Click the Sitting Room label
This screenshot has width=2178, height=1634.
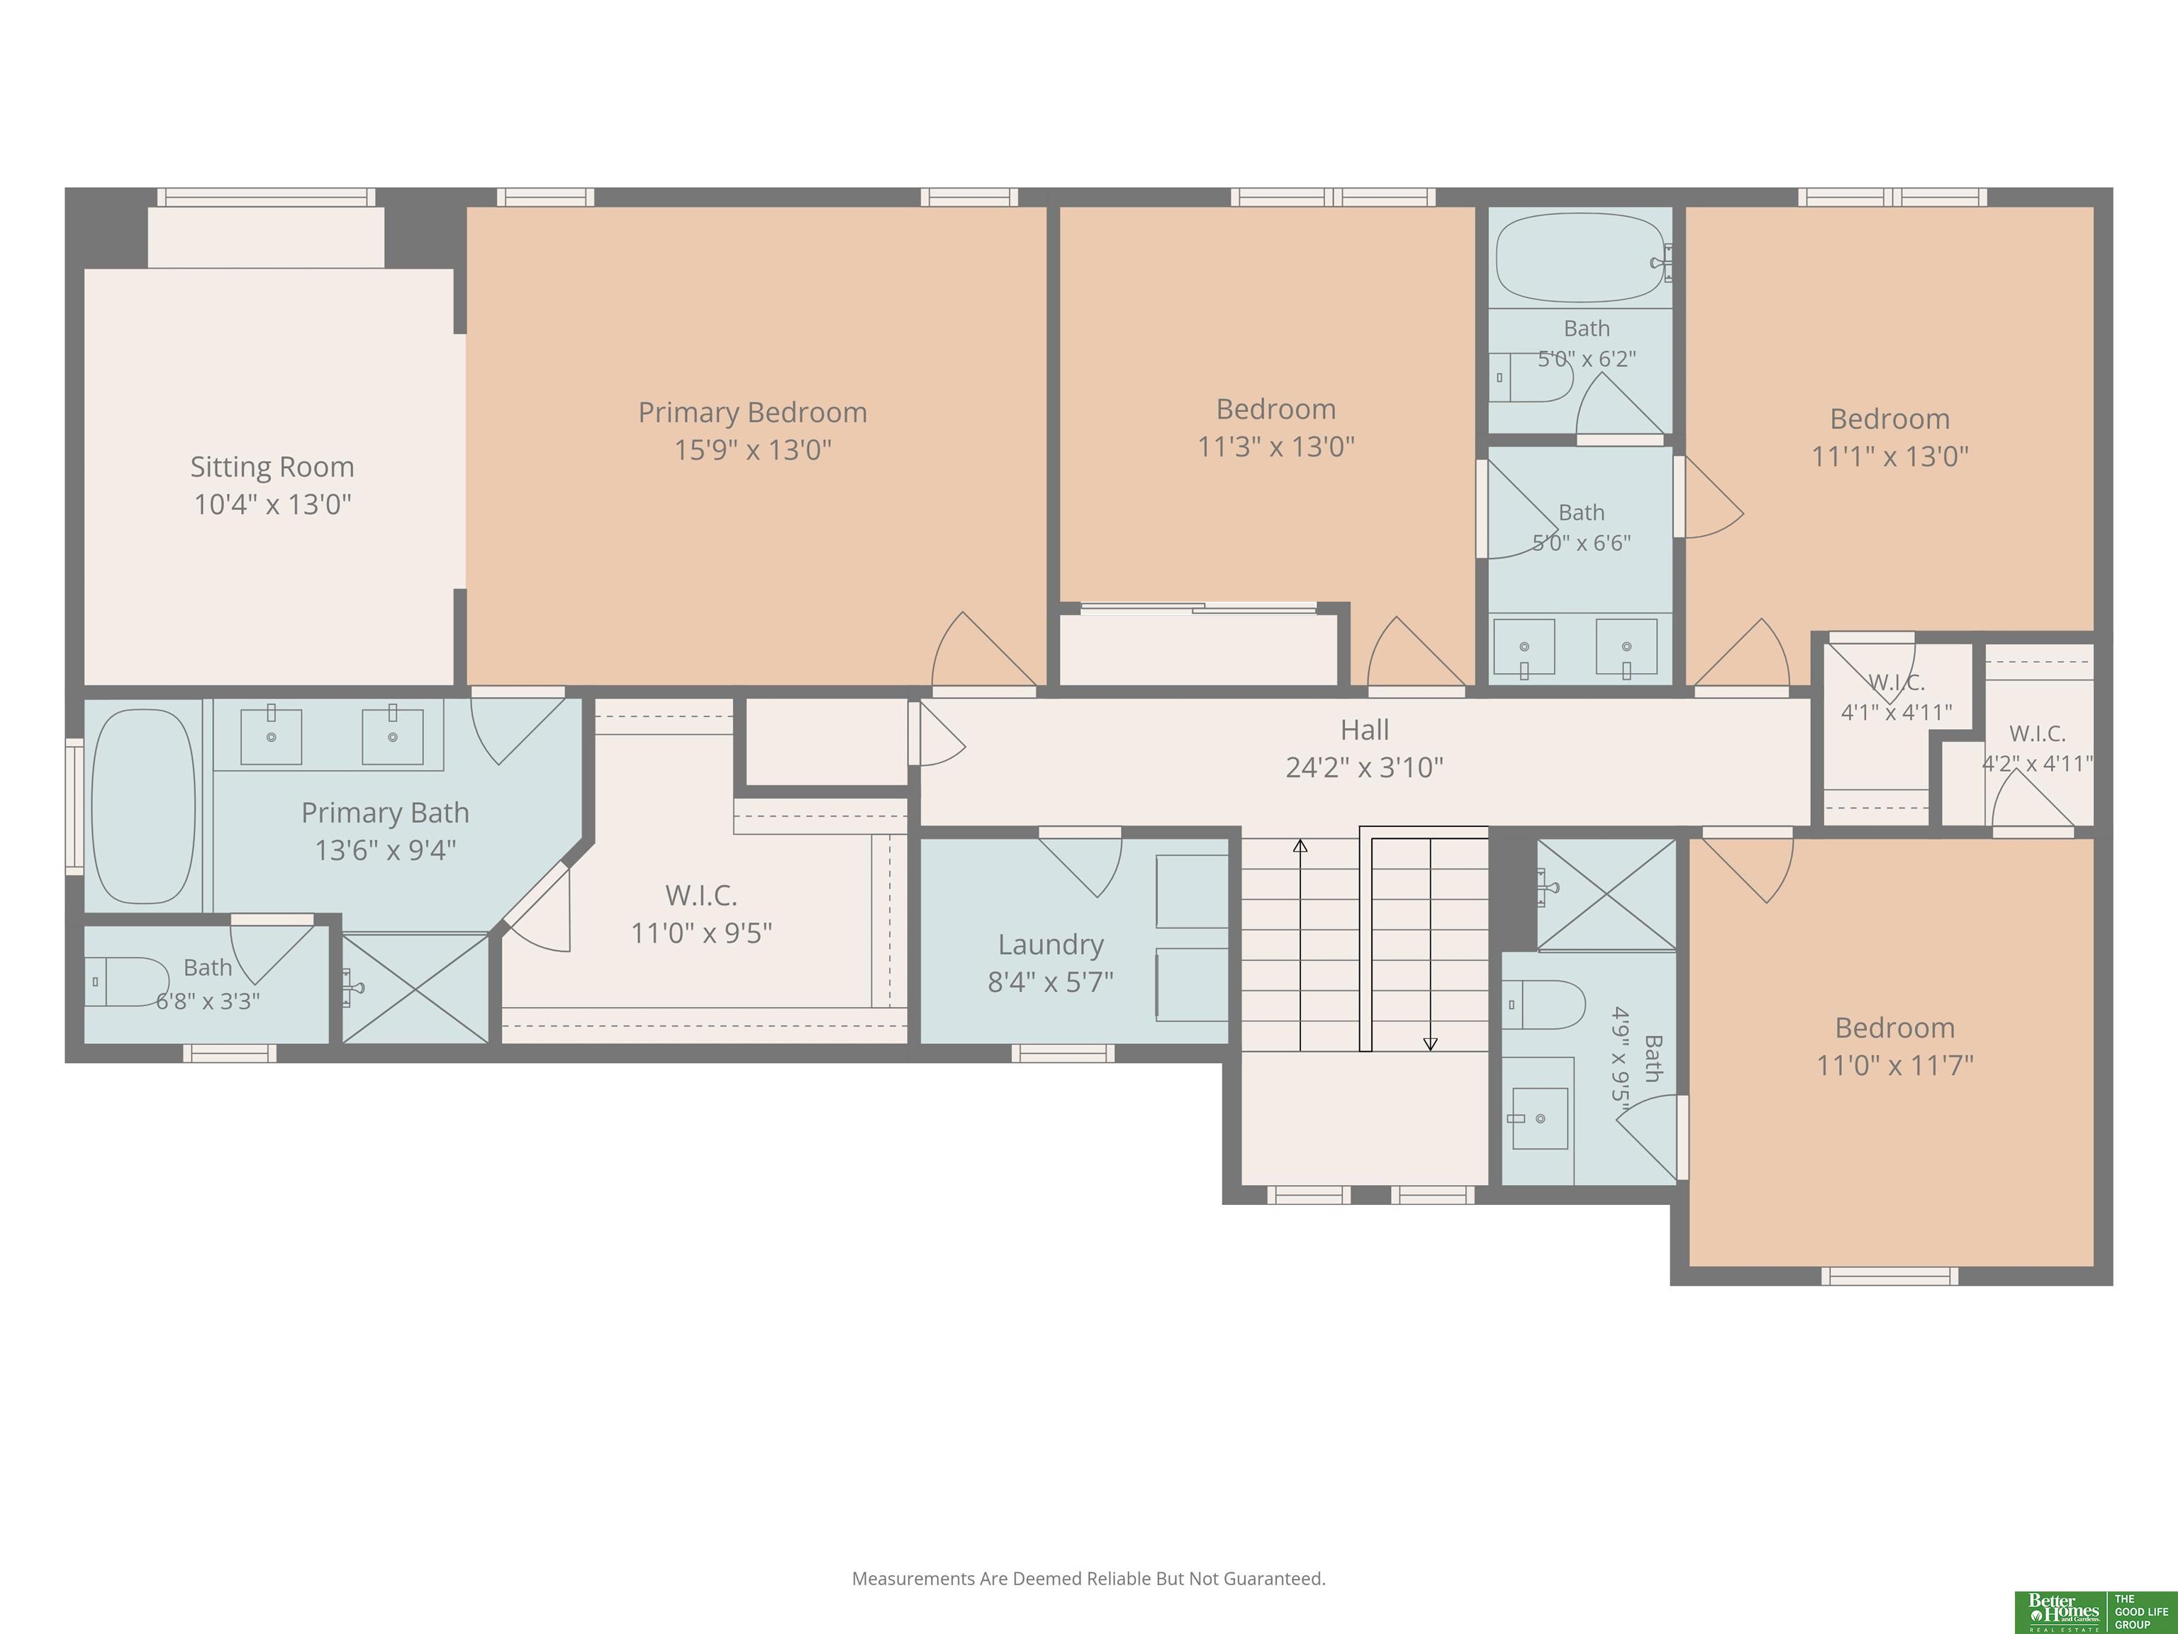(x=272, y=467)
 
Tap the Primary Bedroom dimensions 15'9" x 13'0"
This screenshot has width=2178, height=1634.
(x=753, y=450)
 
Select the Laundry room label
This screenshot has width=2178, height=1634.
(x=1051, y=945)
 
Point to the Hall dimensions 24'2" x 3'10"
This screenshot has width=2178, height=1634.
(x=1365, y=767)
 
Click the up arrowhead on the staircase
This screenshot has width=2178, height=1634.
(x=1300, y=845)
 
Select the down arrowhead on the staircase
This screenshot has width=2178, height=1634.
(x=1431, y=1044)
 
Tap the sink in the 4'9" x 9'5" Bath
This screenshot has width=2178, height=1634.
(x=1539, y=1119)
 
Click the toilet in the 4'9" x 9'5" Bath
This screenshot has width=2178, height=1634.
(x=1543, y=1005)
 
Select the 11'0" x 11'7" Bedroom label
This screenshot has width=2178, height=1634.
(x=1895, y=1028)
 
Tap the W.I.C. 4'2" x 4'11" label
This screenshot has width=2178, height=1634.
(x=2037, y=748)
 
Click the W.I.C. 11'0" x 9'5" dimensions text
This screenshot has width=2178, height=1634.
(x=701, y=933)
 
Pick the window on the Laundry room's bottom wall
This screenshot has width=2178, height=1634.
(x=1063, y=1053)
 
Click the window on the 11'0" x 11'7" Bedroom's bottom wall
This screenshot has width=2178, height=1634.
(x=1889, y=1277)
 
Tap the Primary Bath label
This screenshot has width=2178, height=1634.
(x=385, y=813)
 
